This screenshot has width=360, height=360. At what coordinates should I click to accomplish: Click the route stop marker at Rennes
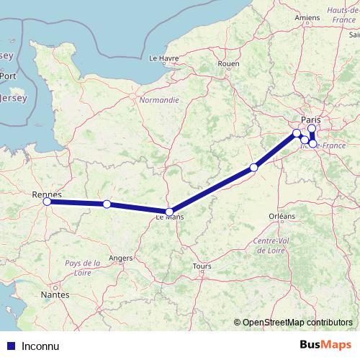pos(47,202)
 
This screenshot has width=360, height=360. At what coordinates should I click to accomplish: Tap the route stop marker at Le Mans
pos(169,212)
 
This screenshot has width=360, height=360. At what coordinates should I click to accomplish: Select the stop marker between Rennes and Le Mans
pos(107,204)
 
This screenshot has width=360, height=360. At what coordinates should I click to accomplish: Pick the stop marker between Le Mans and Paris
pos(253,168)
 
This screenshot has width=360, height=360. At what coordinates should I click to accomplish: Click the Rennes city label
pos(47,194)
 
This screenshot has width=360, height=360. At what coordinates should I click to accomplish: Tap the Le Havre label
pos(163,58)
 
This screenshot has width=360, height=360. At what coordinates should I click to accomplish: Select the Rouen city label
pos(228,63)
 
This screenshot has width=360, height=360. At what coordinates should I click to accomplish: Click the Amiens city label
pos(307,17)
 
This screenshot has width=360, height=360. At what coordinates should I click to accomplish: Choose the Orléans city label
pos(282,216)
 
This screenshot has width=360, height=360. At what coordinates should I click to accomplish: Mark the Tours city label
pos(202,266)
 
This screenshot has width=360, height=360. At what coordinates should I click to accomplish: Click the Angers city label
pos(120,257)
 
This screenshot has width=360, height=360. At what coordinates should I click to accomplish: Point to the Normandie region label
pos(159,100)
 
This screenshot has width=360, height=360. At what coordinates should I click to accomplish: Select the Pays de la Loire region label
pos(83,268)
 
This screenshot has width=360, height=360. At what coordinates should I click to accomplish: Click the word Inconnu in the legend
pos(40,346)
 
